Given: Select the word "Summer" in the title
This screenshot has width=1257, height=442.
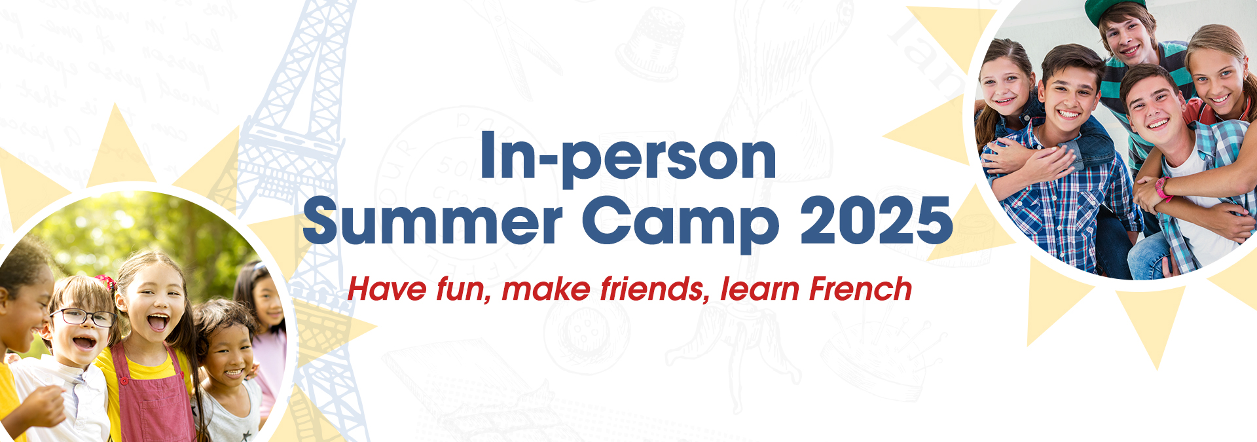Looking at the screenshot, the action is click(433, 220).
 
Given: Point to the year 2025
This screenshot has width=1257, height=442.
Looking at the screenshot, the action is click(877, 220).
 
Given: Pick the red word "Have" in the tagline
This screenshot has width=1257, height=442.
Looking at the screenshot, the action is click(386, 289).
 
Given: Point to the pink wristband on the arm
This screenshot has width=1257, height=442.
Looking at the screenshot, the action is click(1163, 189).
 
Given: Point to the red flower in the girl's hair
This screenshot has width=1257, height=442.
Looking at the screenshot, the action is click(105, 282).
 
